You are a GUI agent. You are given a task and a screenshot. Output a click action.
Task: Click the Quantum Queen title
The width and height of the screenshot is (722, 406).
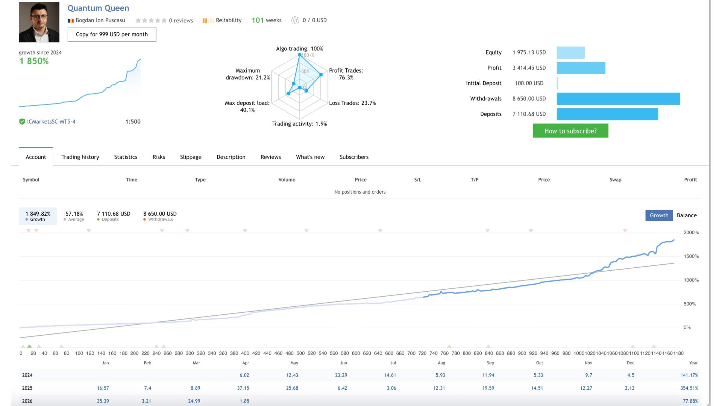(98, 8)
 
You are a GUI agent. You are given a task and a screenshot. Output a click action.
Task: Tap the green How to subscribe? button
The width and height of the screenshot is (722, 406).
(570, 131)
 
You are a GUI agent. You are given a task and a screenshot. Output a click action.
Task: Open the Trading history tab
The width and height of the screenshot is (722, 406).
(80, 157)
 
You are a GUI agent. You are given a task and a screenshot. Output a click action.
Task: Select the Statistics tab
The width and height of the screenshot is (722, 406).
(126, 157)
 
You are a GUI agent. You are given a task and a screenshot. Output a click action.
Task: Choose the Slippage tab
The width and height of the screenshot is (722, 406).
(191, 157)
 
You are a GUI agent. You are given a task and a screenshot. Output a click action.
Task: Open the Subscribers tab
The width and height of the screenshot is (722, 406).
(354, 157)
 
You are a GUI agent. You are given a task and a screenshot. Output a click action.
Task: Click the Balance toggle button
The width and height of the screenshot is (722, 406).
(687, 215)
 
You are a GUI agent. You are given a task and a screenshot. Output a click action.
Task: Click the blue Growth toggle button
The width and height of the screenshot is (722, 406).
(659, 215)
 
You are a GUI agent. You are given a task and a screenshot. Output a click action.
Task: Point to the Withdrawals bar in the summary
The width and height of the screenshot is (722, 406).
(618, 99)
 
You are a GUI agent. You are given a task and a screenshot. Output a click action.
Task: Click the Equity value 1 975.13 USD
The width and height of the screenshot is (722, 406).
(529, 53)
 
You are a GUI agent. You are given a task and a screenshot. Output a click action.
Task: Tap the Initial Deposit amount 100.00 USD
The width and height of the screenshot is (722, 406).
(529, 83)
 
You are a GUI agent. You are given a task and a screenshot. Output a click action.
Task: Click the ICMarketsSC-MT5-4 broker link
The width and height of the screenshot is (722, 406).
(51, 122)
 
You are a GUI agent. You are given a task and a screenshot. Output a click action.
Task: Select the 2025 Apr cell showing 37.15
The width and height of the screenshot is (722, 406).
(243, 388)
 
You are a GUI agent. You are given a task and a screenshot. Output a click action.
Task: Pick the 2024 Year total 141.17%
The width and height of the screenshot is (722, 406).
(689, 375)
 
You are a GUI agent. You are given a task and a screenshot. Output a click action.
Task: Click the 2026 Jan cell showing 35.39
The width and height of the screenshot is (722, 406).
(103, 401)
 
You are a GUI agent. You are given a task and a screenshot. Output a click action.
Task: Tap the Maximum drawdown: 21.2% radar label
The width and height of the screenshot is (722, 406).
(248, 74)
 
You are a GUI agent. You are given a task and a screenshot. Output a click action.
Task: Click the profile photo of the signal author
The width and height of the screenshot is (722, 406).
(39, 22)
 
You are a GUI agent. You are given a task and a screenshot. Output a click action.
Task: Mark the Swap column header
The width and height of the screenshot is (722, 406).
(615, 180)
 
